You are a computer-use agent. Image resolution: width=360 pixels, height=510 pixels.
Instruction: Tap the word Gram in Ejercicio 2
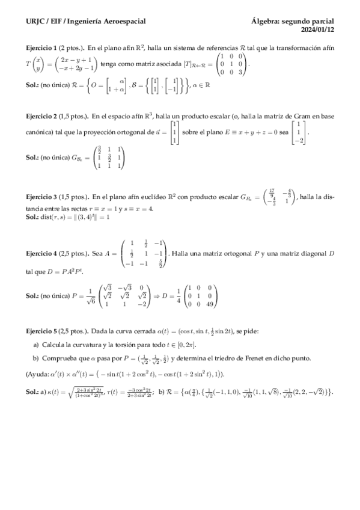[x=302, y=115]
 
